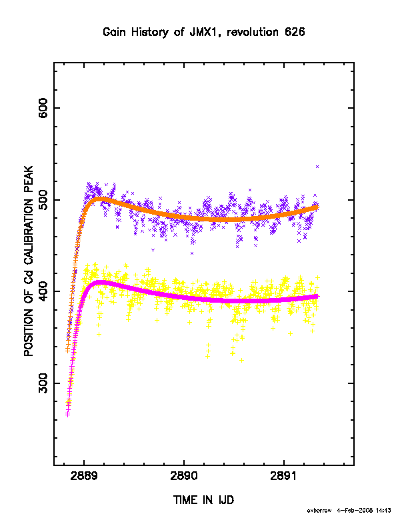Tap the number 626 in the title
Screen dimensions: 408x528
pos(295,32)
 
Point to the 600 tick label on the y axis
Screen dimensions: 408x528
pos(43,108)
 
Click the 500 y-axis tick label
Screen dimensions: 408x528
pos(43,200)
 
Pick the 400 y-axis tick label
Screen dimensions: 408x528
pos(43,291)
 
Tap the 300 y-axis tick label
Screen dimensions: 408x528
pos(43,383)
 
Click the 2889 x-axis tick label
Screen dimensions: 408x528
pos(84,476)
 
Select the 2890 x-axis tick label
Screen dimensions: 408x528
pos(184,476)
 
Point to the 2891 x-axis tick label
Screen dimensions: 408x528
pos(284,476)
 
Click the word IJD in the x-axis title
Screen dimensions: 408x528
pos(226,500)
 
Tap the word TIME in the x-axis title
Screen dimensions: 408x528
pos(186,500)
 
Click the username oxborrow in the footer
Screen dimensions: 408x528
pos(319,511)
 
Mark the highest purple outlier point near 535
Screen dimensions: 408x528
pos(317,167)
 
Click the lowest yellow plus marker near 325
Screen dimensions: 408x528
pos(241,360)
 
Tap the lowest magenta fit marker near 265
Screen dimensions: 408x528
pos(67,415)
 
